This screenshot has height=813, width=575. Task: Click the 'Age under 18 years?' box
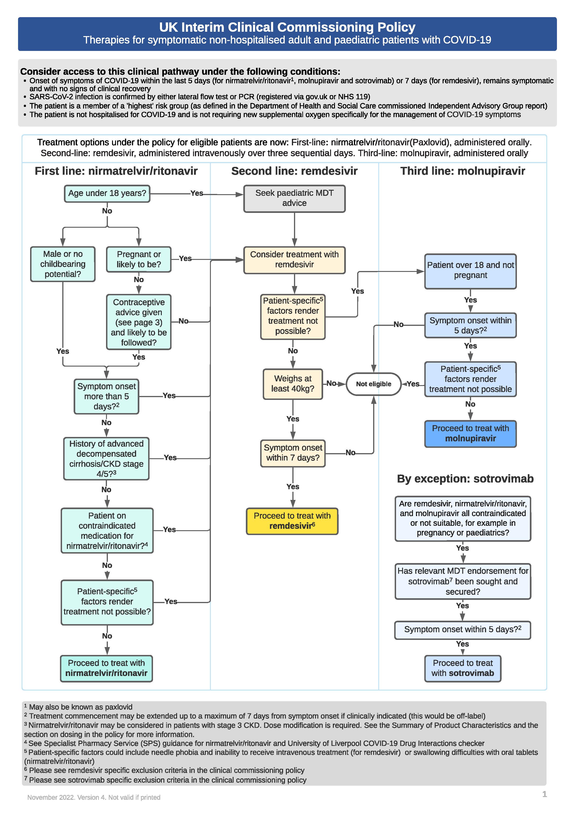point(107,193)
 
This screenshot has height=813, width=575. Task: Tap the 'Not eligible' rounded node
point(373,384)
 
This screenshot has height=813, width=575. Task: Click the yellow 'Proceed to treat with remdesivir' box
point(292,521)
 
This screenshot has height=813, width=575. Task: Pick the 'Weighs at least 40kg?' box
point(293,384)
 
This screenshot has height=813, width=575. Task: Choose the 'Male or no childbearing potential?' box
point(63,264)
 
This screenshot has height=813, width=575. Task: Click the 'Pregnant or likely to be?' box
point(138,259)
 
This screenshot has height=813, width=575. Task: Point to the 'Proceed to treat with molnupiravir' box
point(470,433)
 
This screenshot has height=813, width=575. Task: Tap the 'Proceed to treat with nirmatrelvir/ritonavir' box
point(106,668)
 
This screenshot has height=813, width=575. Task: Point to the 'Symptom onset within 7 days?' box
point(293,453)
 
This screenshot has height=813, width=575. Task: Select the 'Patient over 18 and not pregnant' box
point(470,271)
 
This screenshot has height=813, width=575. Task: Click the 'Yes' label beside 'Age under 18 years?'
point(197,193)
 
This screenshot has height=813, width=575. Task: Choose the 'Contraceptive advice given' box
point(138,322)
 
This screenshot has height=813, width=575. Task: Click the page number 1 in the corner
point(544,794)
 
